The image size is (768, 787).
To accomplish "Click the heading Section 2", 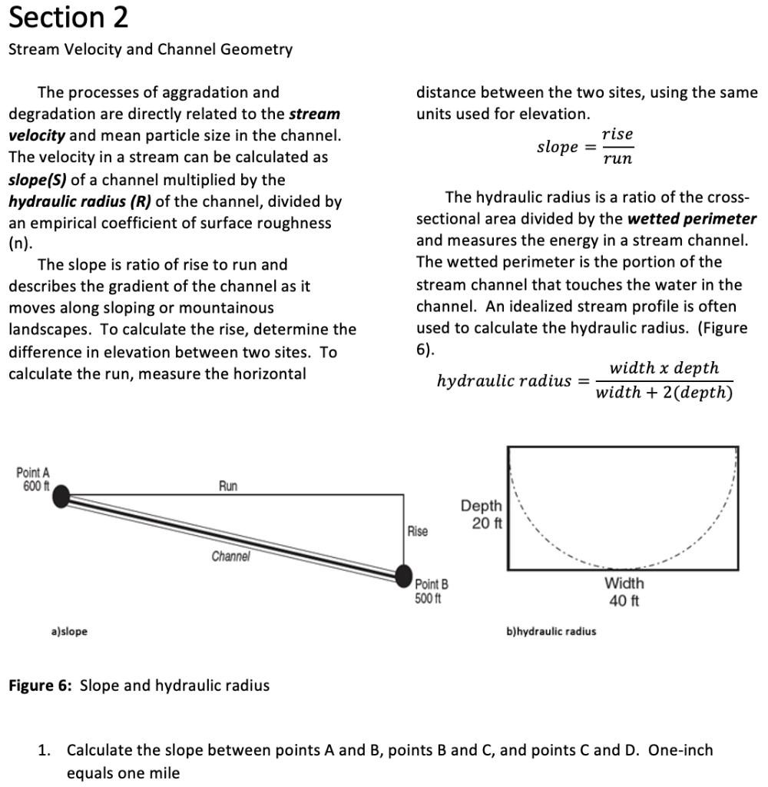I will [68, 18].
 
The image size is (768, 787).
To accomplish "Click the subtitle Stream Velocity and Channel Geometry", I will [150, 50].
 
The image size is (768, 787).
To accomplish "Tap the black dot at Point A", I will [61, 496].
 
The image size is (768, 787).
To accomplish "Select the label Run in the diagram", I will [228, 486].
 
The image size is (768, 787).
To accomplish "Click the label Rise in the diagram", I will [417, 532].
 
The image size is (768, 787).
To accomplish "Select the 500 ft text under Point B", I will [427, 599].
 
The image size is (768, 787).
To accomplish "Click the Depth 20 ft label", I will [482, 514].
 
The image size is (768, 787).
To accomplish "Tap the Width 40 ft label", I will [624, 592].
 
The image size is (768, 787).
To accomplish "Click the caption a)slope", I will [69, 632].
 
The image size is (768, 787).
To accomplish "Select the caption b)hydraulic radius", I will [551, 632].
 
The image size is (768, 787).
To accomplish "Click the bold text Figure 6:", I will [41, 686].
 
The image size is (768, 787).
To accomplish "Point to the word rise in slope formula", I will [617, 134].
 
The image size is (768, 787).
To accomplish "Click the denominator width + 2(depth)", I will [664, 393].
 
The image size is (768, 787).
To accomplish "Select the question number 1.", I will [44, 750].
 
